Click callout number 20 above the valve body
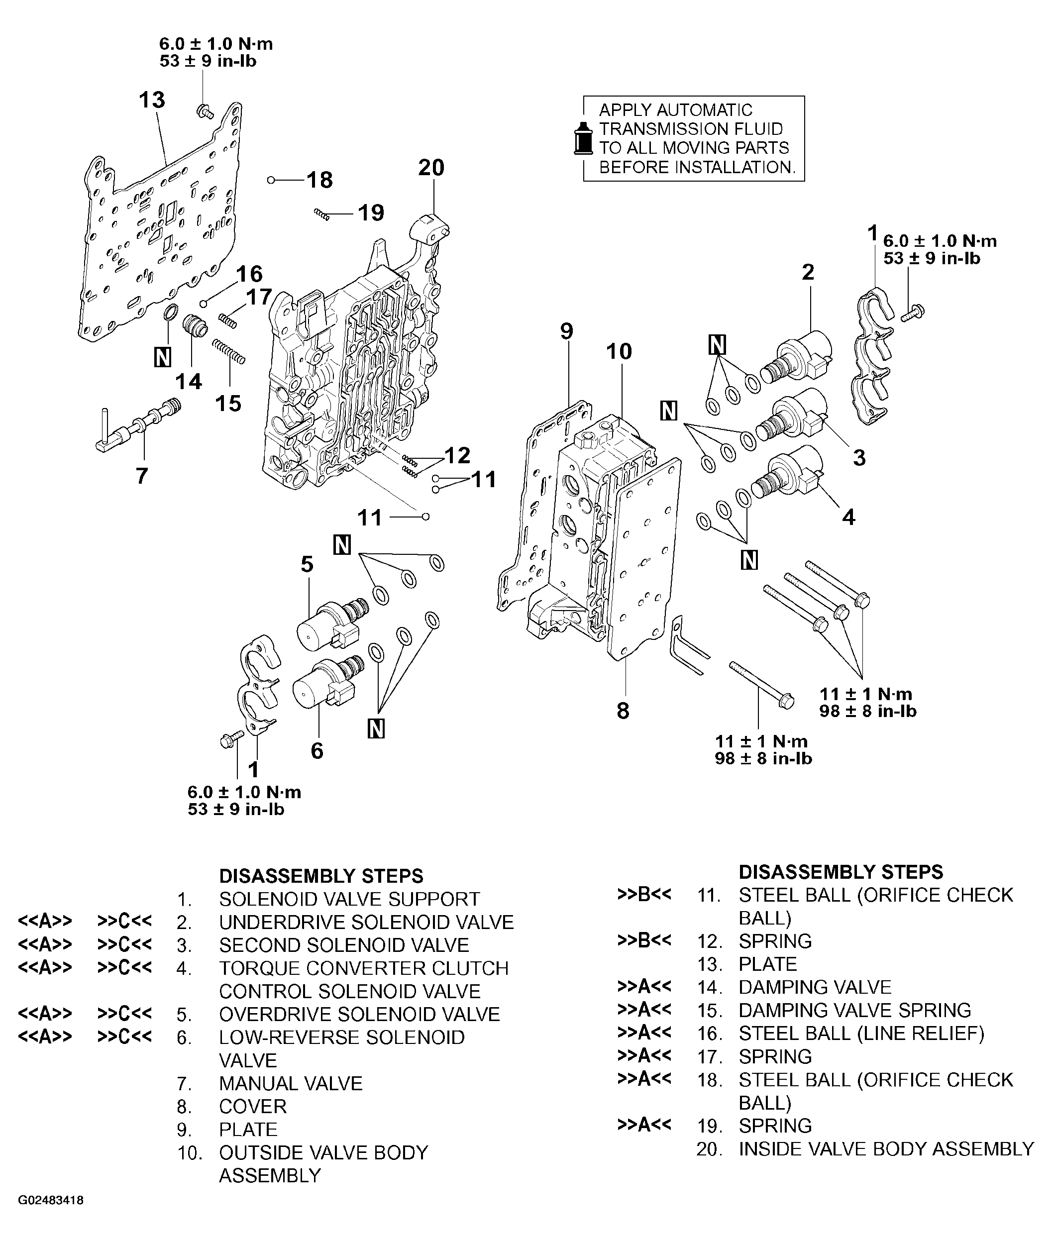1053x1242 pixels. coord(431,168)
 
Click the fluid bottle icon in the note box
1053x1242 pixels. coord(583,139)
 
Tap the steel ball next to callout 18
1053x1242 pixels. coord(271,180)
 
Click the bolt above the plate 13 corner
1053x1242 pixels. coord(205,111)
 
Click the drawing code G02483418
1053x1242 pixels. coord(51,1200)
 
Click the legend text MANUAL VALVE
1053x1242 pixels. coord(291,1083)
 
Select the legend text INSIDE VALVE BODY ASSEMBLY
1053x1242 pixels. coord(886,1149)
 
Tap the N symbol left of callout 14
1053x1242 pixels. coord(162,356)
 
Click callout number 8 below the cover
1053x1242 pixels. coord(623,711)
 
